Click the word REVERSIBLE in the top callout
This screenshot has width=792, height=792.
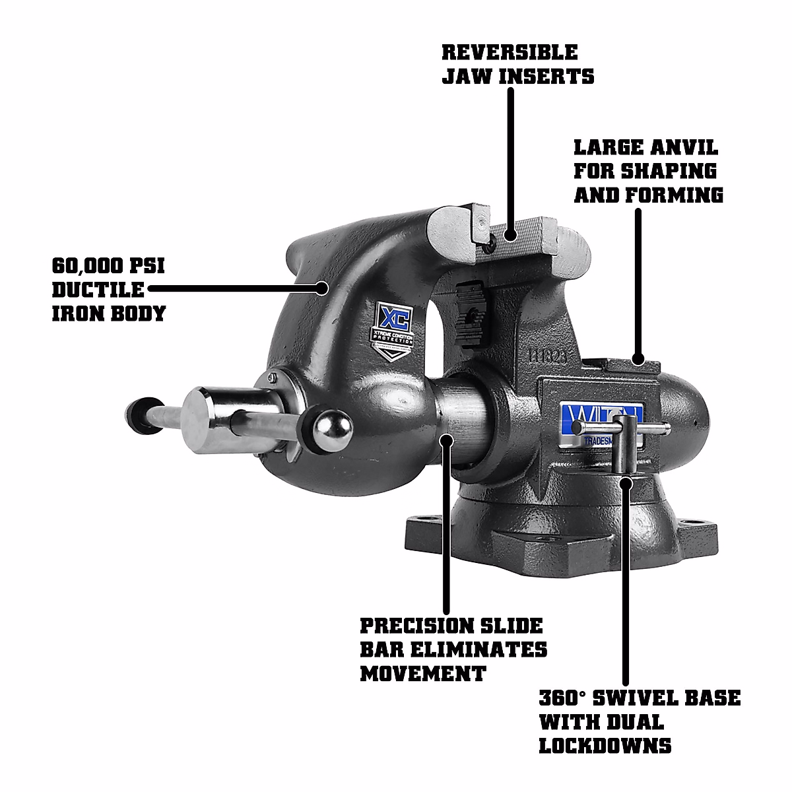[x=510, y=51]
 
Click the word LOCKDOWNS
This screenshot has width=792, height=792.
[x=605, y=745]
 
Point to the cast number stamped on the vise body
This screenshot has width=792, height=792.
[x=547, y=354]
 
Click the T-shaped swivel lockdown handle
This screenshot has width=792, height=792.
[x=625, y=445]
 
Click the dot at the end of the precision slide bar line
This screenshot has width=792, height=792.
[x=448, y=439]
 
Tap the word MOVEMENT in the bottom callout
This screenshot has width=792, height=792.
[x=422, y=673]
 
